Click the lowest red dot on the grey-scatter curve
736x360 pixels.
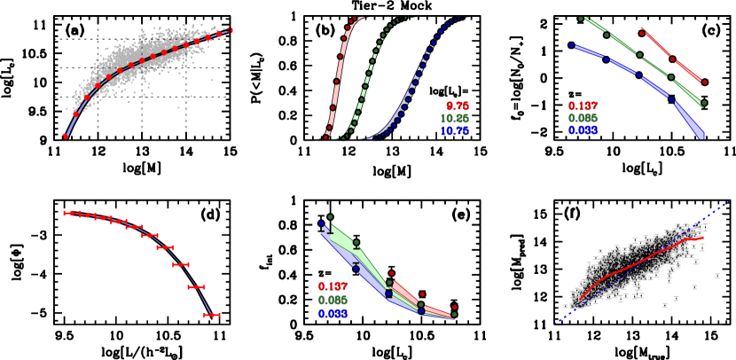point(65,136)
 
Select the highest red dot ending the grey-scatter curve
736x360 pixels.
point(231,31)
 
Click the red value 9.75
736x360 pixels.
point(458,106)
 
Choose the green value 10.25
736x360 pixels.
point(455,118)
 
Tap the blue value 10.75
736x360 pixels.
point(455,131)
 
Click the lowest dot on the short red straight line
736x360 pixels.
point(704,82)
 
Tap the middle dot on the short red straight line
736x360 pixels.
point(672,59)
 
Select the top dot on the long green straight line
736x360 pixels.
point(581,19)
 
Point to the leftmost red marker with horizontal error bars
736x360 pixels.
point(67,213)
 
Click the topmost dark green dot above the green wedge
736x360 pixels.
point(330,217)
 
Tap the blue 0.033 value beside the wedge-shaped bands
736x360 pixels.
point(333,314)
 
